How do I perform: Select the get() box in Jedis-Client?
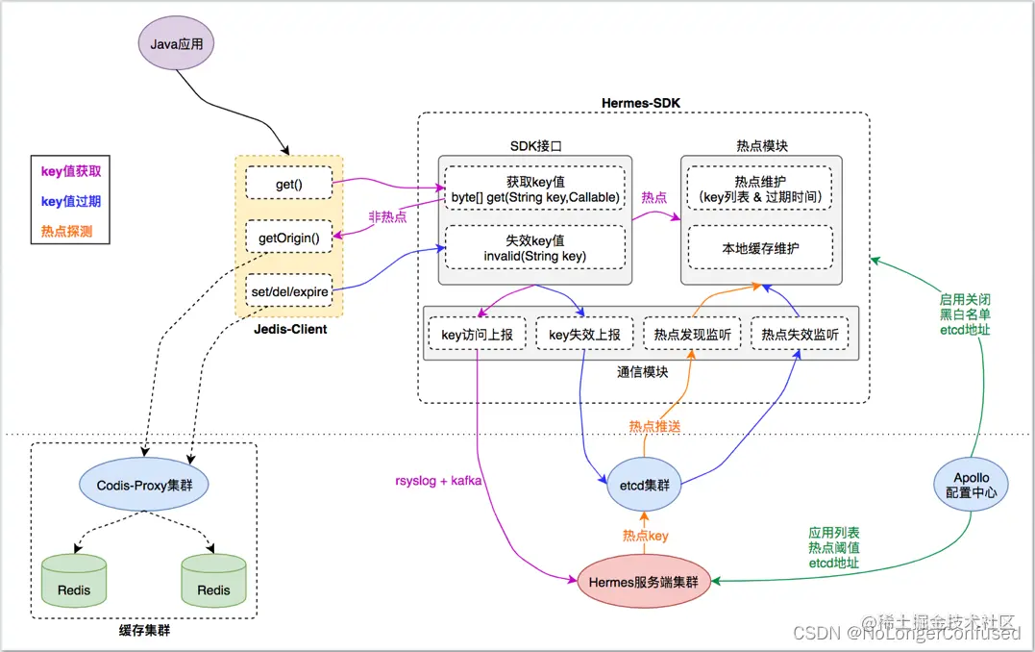(289, 182)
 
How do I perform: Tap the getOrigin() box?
(289, 236)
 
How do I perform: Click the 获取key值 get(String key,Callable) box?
(533, 189)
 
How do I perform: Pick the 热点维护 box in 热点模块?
(759, 189)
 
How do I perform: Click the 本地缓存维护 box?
(759, 248)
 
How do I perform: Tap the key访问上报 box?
(477, 335)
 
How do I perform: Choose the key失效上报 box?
(584, 335)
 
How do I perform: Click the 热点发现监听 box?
(692, 335)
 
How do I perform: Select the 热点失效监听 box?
(800, 335)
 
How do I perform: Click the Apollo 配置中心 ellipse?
(971, 485)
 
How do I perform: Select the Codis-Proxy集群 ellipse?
(143, 486)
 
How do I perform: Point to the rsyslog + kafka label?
(437, 479)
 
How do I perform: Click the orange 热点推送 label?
(654, 426)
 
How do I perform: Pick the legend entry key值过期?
(70, 202)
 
